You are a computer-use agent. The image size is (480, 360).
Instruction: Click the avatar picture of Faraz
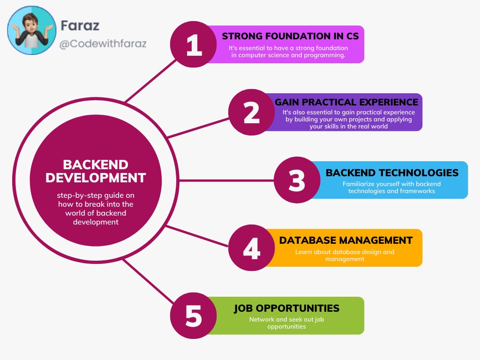[x=32, y=30]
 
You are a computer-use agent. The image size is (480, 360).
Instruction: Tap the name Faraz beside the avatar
[x=80, y=25]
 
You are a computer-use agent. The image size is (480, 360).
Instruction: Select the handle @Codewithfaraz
[x=103, y=44]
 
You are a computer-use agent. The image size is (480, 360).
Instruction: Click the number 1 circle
[x=194, y=45]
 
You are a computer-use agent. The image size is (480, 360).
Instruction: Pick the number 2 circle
[x=252, y=112]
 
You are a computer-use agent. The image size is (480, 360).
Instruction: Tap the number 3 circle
[x=297, y=180]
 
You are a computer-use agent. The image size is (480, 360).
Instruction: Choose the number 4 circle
[x=252, y=247]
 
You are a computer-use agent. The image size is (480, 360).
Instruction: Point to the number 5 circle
[x=194, y=315]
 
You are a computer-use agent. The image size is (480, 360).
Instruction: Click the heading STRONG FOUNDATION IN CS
[x=290, y=36]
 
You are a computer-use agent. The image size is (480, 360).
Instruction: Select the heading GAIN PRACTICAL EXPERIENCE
[x=346, y=102]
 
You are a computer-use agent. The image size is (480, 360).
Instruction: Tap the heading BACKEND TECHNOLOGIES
[x=392, y=172]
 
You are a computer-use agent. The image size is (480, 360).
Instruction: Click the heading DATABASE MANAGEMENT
[x=346, y=240]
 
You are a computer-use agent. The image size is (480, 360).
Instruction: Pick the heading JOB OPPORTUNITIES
[x=286, y=308]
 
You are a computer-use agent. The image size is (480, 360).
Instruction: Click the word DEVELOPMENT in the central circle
[x=96, y=178]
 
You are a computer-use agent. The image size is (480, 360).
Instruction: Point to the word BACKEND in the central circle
[x=96, y=165]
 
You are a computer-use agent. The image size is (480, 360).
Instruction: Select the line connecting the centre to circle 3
[x=226, y=180]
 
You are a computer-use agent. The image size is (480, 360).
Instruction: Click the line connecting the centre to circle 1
[x=151, y=81]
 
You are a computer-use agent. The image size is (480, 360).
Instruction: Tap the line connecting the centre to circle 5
[x=149, y=281]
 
